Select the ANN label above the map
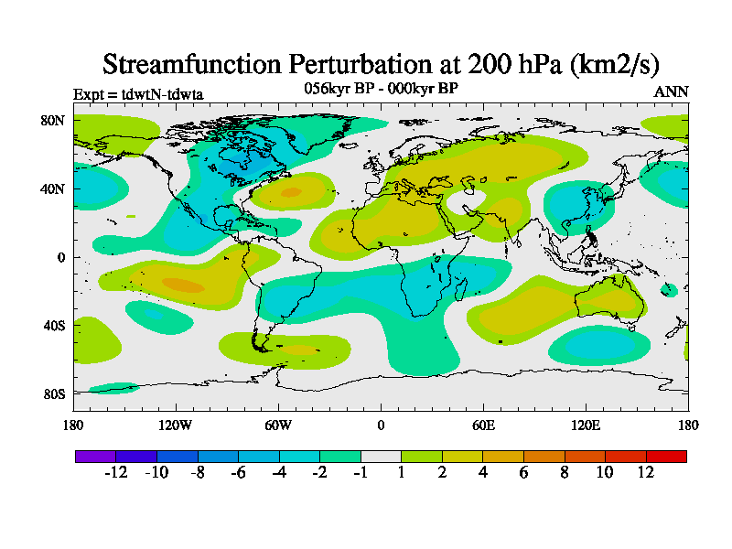[671, 91]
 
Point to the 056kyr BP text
[335, 88]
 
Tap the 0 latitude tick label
[61, 257]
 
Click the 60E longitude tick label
[483, 425]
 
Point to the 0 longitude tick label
[381, 425]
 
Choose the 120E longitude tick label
[586, 425]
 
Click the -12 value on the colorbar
[115, 472]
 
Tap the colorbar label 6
[523, 472]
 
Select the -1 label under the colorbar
[361, 472]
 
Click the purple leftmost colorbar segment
[95, 456]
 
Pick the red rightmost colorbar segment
[666, 456]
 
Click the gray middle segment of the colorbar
[381, 456]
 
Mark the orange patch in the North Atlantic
[291, 192]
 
